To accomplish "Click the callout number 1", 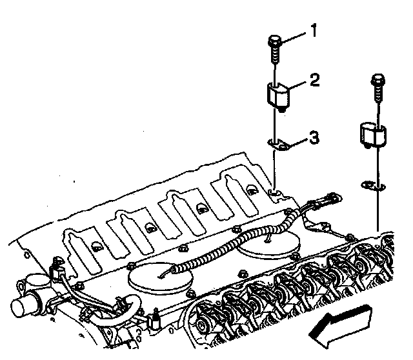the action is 313,30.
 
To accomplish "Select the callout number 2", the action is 315,80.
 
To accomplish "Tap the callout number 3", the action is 314,137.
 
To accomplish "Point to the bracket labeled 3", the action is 279,145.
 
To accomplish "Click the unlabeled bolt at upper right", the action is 378,88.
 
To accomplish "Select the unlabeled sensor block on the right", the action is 373,135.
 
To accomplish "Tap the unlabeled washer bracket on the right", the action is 373,185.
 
